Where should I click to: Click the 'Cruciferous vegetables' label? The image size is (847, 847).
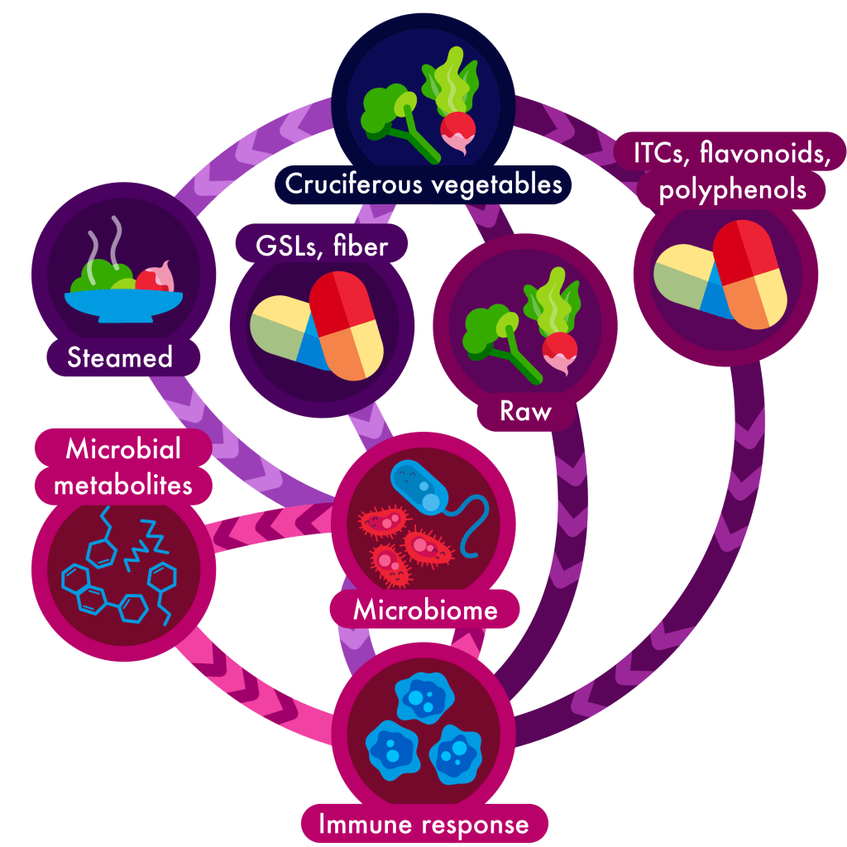click(423, 184)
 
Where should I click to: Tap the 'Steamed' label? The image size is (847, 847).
click(120, 357)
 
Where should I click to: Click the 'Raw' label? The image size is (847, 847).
click(525, 412)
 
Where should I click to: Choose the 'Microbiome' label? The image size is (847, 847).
click(425, 610)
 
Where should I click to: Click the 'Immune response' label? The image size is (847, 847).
click(423, 824)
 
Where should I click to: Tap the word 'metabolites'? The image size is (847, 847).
click(123, 484)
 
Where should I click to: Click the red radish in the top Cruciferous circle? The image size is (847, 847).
click(457, 131)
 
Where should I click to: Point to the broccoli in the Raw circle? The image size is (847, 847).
click(493, 331)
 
